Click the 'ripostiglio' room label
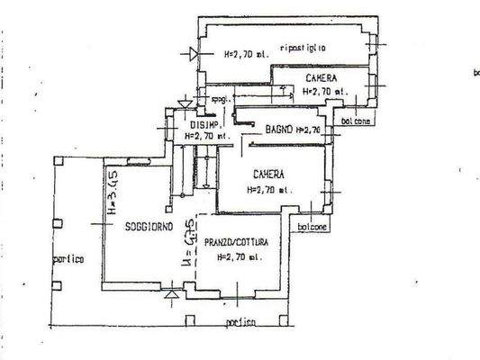pyautogui.click(x=303, y=48)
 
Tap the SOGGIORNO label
pyautogui.click(x=149, y=227)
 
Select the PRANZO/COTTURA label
pyautogui.click(x=242, y=242)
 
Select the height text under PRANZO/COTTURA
pyautogui.click(x=240, y=256)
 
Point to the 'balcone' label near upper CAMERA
pyautogui.click(x=354, y=121)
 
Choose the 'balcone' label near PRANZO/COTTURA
pyautogui.click(x=312, y=228)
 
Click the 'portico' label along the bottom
pyautogui.click(x=240, y=322)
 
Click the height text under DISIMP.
pyautogui.click(x=206, y=137)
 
